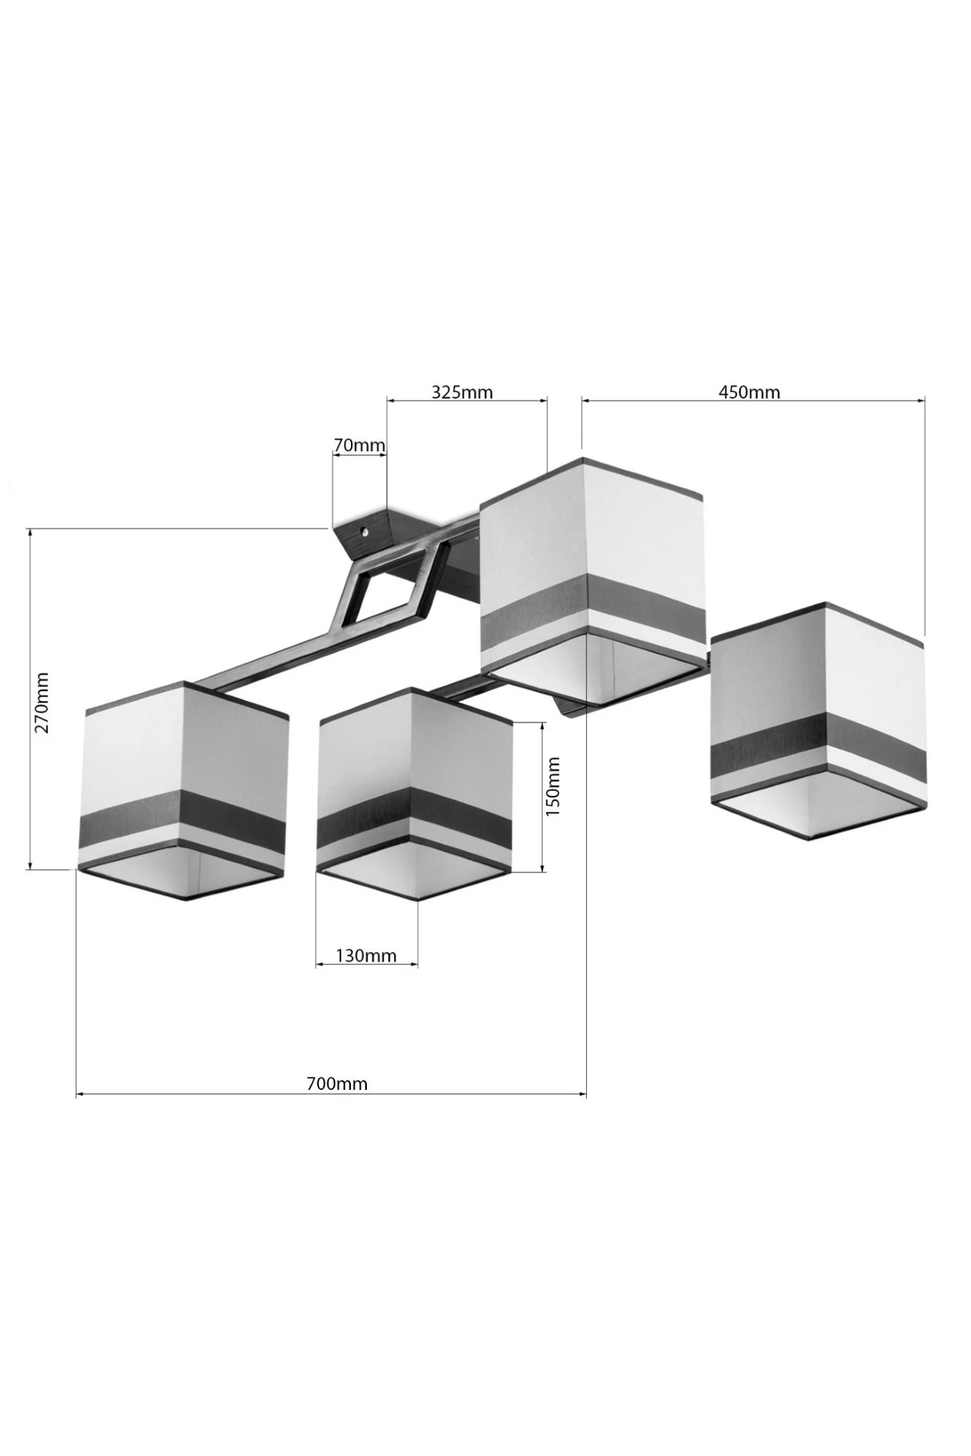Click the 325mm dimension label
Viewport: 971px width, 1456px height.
coord(462,392)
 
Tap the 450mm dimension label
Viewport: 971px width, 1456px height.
coord(749,392)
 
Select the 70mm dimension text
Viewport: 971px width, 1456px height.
coord(359,445)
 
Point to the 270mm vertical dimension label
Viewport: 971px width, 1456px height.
coord(42,702)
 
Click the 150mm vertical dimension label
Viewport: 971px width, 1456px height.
coord(552,786)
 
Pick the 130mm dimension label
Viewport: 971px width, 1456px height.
coord(366,955)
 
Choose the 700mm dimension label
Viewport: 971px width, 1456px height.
coord(337,1083)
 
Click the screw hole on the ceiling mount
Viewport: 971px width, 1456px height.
coord(365,533)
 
